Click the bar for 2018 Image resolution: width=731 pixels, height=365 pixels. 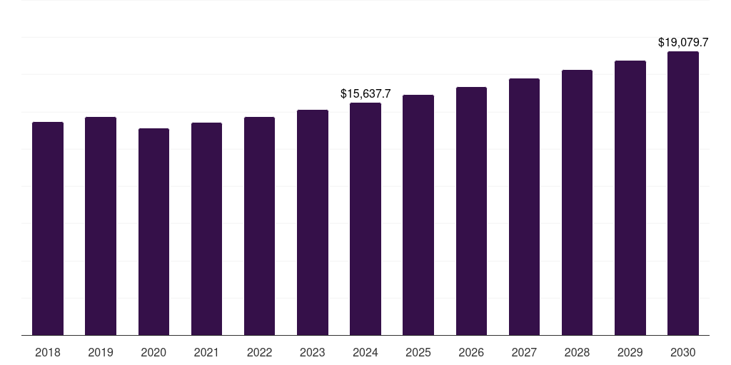48,228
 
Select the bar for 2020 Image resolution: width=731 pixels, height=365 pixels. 153,232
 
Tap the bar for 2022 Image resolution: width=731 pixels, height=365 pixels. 259,226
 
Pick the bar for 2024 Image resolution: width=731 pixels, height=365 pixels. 365,219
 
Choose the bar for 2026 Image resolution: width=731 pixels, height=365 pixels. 471,211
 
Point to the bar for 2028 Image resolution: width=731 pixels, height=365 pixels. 577,202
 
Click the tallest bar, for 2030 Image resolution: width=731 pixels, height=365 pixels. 682,193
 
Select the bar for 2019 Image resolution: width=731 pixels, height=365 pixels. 101,226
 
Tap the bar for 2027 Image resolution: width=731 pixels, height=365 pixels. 524,207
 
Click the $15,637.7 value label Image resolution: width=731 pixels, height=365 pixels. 365,93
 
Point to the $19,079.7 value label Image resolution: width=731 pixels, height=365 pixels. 682,43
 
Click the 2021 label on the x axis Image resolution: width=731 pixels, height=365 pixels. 206,352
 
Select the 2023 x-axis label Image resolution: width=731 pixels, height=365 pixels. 313,352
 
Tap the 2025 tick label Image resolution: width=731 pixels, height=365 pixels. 418,352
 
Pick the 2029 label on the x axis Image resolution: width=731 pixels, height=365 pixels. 630,352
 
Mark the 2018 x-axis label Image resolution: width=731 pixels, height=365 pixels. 48,352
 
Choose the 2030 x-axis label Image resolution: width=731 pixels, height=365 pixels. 682,352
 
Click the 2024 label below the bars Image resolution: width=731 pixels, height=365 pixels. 365,352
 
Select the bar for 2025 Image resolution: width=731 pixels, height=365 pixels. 418,215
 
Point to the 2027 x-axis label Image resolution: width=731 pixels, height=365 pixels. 524,352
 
